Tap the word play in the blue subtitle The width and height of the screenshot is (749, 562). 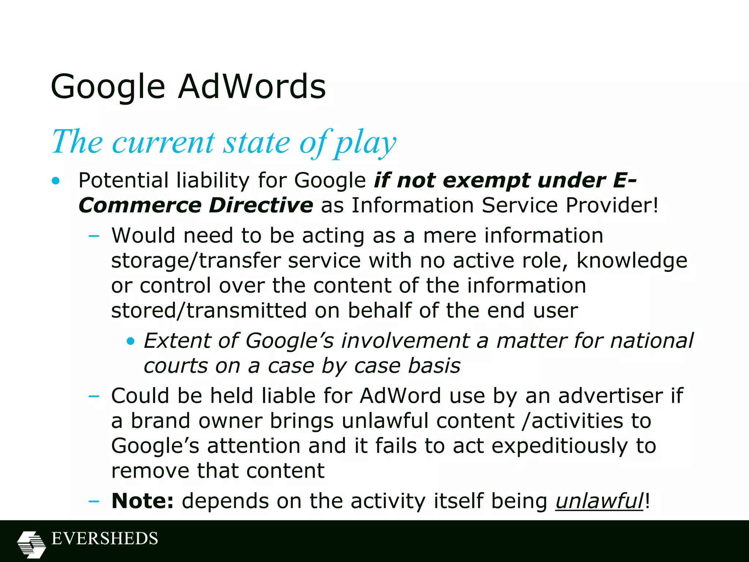(366, 143)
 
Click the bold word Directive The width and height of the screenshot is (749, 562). (261, 205)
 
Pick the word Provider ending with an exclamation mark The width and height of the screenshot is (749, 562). (611, 205)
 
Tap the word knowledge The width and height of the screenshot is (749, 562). (632, 261)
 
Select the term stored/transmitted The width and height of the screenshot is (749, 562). (209, 311)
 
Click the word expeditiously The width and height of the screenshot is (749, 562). (559, 446)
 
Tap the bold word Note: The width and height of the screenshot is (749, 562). (142, 501)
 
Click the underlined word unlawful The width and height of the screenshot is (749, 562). (599, 501)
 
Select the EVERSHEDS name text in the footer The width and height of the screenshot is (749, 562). (105, 539)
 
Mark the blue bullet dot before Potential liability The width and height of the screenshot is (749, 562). (56, 181)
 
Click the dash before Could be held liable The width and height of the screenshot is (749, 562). (94, 396)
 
